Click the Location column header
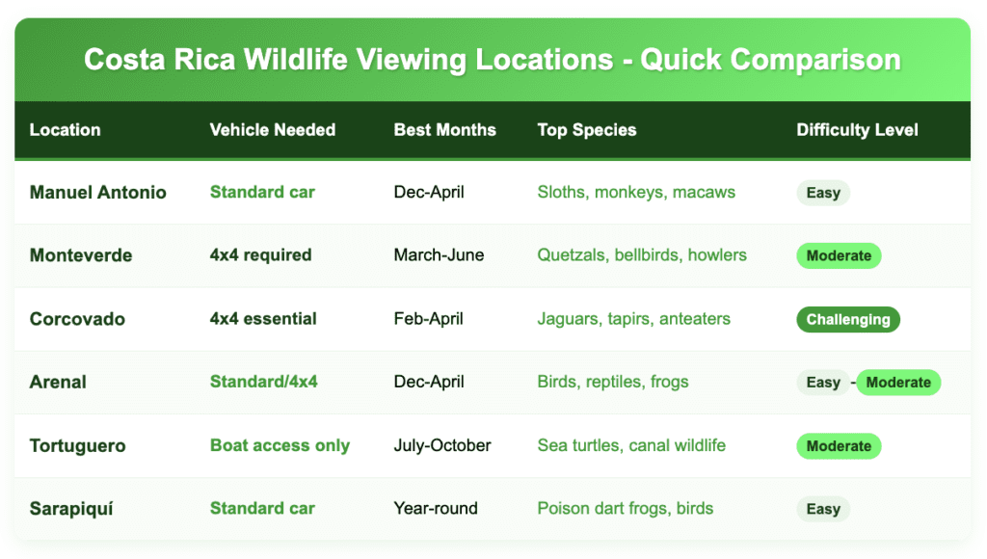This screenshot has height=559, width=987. (65, 130)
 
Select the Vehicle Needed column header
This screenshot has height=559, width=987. (272, 130)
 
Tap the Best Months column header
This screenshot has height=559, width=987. (444, 130)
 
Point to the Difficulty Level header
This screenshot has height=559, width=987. (857, 130)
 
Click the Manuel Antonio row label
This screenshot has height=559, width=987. (97, 193)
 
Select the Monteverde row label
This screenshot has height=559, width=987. (81, 255)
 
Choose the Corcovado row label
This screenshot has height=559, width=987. (77, 319)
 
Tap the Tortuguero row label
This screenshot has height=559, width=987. (78, 446)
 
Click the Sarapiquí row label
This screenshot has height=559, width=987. (71, 509)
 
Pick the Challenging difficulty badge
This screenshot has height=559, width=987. (848, 320)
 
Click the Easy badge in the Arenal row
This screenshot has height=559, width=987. (823, 383)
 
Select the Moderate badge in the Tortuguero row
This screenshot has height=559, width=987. (839, 446)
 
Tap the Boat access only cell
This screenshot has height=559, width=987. (280, 446)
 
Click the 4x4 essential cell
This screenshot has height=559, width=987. (263, 319)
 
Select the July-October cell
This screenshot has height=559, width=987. (442, 446)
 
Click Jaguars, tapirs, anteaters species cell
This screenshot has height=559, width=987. (633, 319)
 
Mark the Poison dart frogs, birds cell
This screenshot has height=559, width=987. (625, 509)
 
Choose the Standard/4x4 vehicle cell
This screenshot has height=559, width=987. (263, 383)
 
